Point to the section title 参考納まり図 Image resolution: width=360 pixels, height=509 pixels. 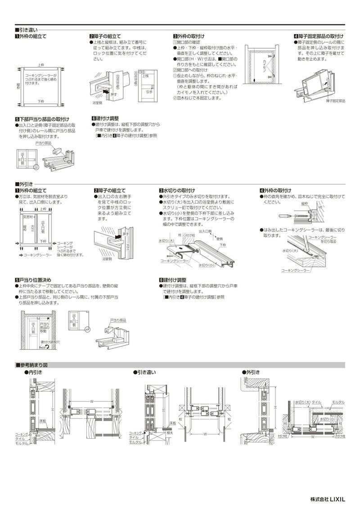(34, 365)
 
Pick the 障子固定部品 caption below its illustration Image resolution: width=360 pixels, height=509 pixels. (335, 102)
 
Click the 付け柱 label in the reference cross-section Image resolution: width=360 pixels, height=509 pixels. (283, 436)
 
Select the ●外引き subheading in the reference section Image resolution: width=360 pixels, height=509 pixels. (251, 372)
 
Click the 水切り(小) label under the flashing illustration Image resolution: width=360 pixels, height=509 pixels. (207, 266)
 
